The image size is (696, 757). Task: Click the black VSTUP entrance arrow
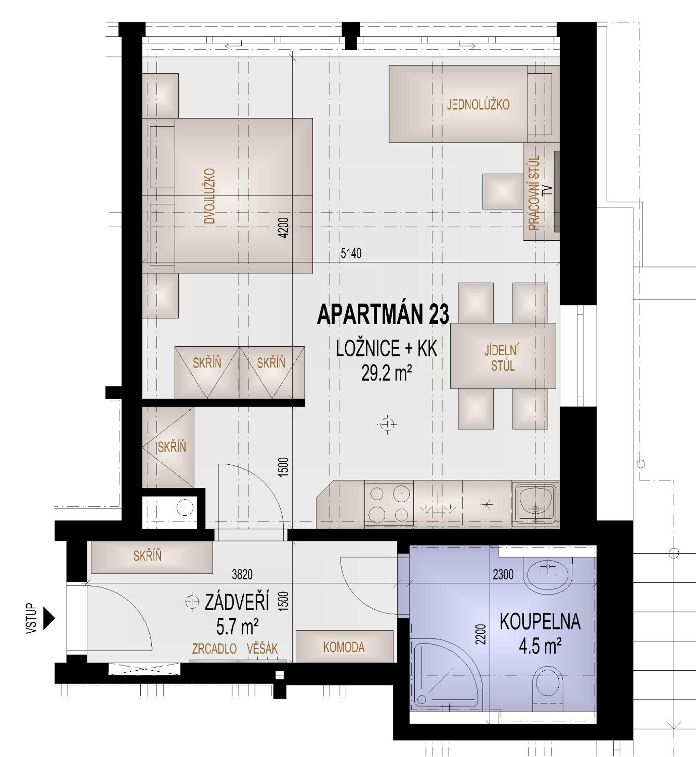[x=49, y=618]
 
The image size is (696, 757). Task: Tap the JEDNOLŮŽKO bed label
[x=478, y=104]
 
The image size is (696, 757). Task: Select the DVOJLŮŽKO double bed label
[x=209, y=196]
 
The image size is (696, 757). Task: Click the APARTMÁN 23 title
[x=383, y=315]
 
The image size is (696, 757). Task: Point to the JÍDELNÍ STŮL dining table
[x=503, y=356]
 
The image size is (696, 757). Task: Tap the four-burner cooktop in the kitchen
[x=389, y=504]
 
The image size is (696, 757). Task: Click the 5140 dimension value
[x=351, y=253]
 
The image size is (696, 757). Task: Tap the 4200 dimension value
[x=285, y=228]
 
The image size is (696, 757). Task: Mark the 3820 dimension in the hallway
[x=242, y=574]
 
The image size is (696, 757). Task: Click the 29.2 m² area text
[x=387, y=374]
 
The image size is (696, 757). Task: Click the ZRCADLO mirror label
[x=214, y=649]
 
